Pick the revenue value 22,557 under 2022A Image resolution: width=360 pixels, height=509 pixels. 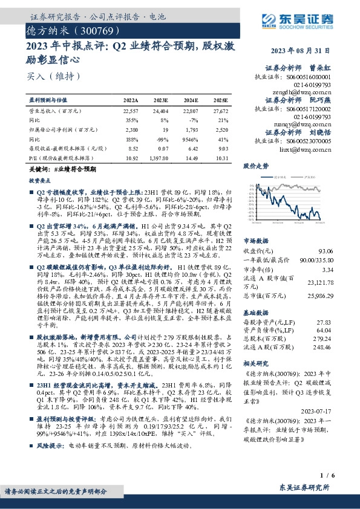pos(130,112)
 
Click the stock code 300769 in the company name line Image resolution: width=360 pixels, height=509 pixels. pos(90,29)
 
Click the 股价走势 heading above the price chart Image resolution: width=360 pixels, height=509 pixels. pos(255,165)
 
